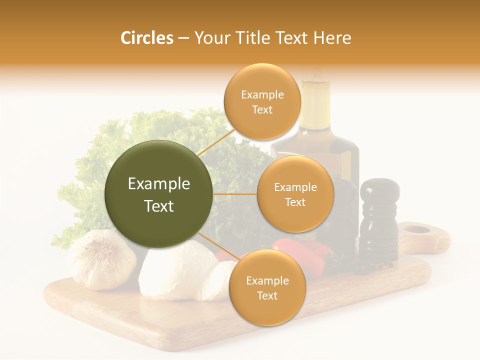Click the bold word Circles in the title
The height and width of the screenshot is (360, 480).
146,38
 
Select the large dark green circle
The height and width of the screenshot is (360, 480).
158,194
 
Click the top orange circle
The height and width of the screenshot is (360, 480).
262,101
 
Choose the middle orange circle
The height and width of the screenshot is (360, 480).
295,194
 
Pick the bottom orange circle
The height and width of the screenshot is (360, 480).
267,287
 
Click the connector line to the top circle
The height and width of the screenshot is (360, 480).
216,142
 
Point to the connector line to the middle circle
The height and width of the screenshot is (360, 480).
234,194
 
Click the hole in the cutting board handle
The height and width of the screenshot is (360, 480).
416,230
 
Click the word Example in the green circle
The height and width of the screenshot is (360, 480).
158,184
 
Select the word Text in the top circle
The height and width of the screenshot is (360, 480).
262,109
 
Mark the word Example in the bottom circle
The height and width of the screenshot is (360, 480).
267,280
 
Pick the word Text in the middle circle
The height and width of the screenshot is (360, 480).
295,202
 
